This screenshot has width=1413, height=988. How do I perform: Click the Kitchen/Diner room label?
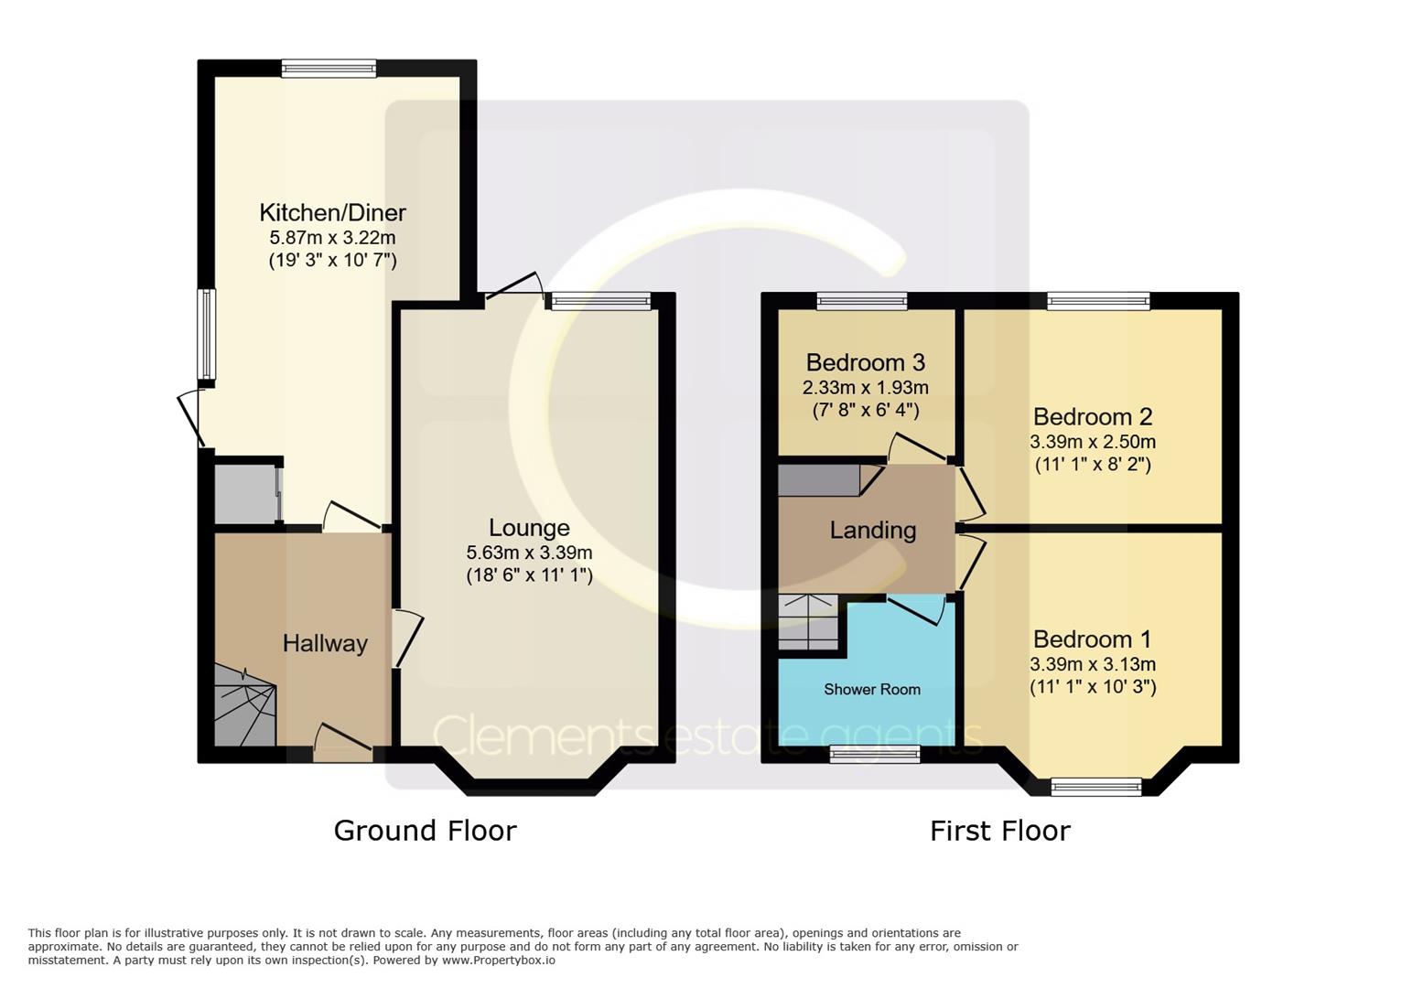tap(332, 213)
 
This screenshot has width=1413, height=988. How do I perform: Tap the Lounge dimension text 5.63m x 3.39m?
tap(529, 553)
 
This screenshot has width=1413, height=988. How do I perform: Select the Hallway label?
tap(325, 644)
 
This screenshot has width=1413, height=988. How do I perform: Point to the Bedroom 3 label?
tap(866, 362)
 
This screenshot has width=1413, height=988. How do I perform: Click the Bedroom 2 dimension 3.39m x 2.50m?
tap(1093, 442)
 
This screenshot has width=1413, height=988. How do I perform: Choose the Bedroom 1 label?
tap(1092, 639)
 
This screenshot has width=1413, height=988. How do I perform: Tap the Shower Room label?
tap(872, 689)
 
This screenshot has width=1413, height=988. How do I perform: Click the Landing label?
tap(872, 531)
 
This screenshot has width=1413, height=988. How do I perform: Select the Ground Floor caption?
tap(426, 831)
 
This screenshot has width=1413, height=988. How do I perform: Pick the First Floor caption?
tap(1000, 831)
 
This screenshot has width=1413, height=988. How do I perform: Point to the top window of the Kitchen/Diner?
tap(329, 68)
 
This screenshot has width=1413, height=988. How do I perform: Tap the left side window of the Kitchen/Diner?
tap(206, 334)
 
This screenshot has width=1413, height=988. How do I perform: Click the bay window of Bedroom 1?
tap(1096, 787)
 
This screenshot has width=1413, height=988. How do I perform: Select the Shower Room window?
tap(874, 754)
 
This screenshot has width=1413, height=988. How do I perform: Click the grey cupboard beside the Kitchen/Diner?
tap(245, 494)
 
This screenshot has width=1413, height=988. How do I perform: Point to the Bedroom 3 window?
tap(862, 301)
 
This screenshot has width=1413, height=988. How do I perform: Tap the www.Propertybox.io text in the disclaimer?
tap(499, 961)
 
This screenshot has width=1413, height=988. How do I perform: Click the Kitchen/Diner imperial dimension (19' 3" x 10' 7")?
tap(332, 261)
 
